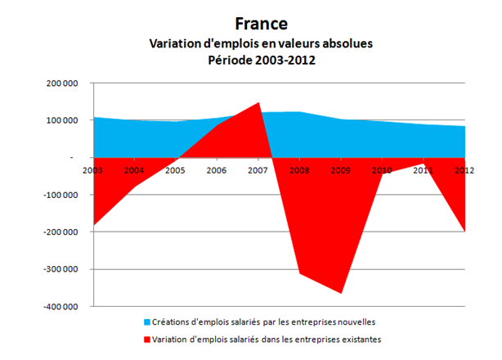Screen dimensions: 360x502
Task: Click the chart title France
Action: (x=260, y=25)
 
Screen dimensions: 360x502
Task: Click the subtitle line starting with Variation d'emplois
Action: (x=260, y=43)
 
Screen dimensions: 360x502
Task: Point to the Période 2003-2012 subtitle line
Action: (x=260, y=61)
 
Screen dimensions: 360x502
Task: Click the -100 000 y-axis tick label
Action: (x=60, y=195)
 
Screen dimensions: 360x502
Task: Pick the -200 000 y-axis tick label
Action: (x=60, y=232)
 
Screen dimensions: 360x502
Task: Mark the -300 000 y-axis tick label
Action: (x=60, y=269)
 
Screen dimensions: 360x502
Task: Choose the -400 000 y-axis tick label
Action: (x=60, y=307)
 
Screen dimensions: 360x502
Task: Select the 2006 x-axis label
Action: (x=217, y=170)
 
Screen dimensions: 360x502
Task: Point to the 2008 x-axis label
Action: (x=300, y=170)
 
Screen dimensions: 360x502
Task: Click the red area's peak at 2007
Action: (x=258, y=104)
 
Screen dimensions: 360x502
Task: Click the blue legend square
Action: (x=146, y=321)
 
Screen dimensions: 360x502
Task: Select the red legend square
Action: (x=146, y=338)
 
